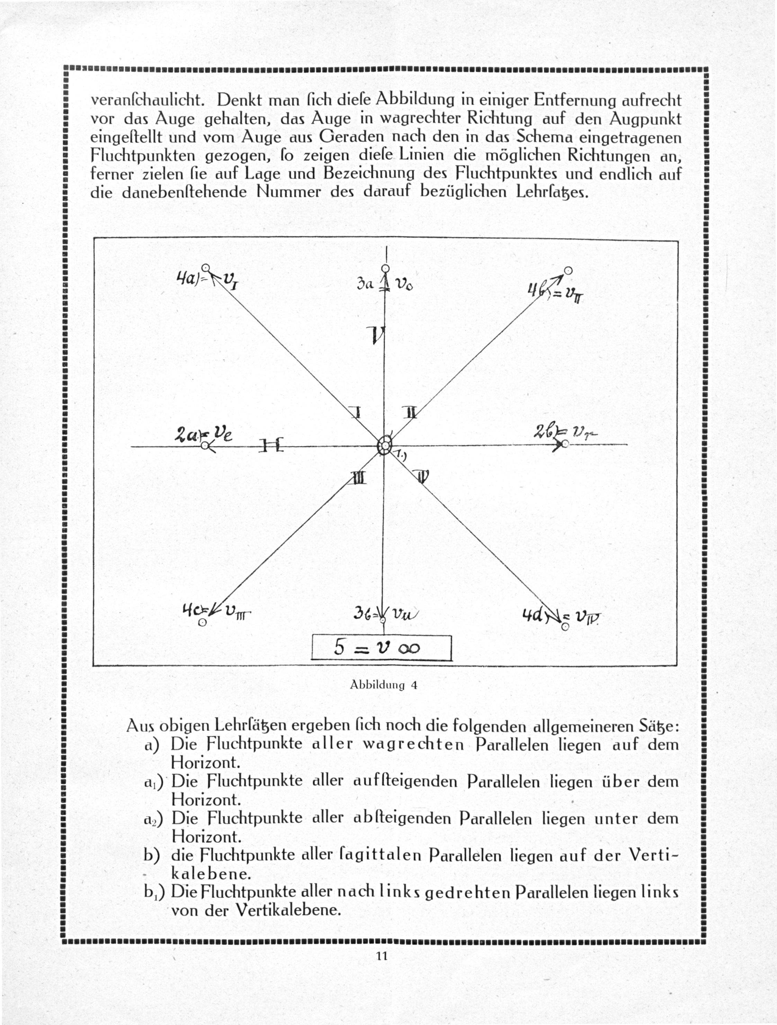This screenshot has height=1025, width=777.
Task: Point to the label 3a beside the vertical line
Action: pyautogui.click(x=365, y=284)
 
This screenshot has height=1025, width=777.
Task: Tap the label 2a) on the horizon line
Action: pyautogui.click(x=186, y=435)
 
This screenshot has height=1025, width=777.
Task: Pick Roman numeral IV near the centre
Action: pyautogui.click(x=423, y=476)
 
